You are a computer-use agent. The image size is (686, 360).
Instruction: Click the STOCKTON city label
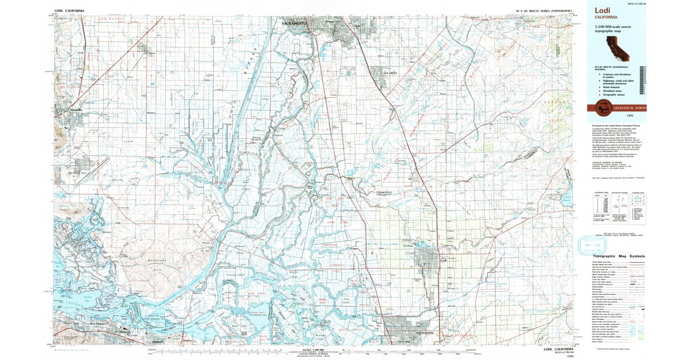click(x=426, y=333)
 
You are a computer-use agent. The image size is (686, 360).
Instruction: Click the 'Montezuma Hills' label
click(x=147, y=264)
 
